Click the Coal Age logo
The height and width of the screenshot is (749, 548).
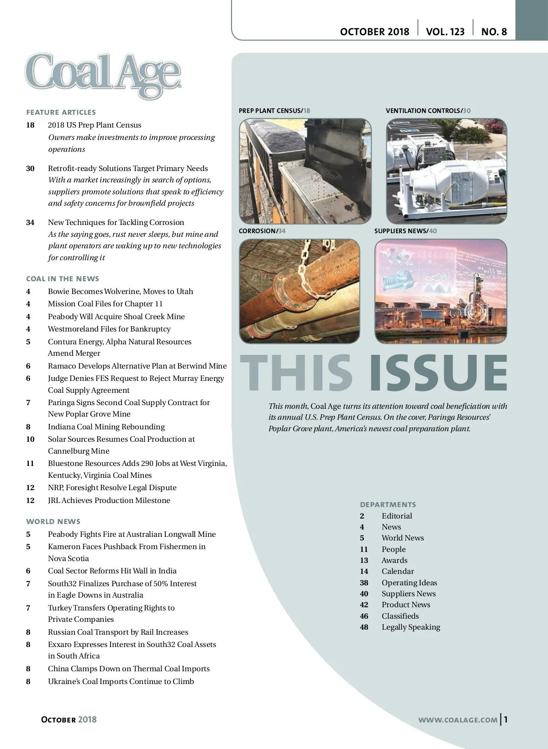(x=103, y=75)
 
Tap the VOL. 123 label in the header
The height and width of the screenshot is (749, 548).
(x=445, y=32)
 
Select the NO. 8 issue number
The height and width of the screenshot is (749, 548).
(x=494, y=32)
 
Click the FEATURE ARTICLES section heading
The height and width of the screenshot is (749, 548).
(x=61, y=112)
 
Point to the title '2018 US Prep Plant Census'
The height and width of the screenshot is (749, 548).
(x=95, y=125)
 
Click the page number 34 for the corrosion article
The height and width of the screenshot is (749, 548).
(x=30, y=223)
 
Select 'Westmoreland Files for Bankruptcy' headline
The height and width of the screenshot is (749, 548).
(x=109, y=329)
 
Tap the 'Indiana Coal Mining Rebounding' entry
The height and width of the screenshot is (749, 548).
(x=106, y=427)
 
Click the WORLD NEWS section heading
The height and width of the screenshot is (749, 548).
(x=53, y=522)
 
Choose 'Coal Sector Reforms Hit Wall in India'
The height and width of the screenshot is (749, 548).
(x=112, y=571)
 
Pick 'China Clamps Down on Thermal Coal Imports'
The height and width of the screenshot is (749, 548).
(x=129, y=669)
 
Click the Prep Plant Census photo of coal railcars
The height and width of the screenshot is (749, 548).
(x=305, y=171)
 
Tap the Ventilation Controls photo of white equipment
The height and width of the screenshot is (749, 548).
(x=446, y=171)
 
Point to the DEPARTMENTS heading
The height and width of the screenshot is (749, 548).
(x=388, y=505)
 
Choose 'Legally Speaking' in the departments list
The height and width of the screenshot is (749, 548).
(x=411, y=627)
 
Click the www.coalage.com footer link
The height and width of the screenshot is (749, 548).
(x=458, y=720)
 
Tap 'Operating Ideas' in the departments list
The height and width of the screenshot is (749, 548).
(x=409, y=583)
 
